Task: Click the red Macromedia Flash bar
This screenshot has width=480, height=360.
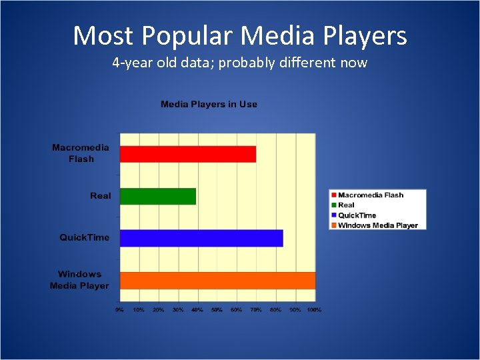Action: pos(188,154)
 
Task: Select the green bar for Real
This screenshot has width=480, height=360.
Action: pos(158,196)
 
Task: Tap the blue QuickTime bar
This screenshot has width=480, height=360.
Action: pos(201,238)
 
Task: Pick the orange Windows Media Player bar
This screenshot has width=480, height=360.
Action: pos(217,280)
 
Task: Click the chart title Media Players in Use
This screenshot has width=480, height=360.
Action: pos(209,104)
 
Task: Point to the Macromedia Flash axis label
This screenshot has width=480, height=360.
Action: pos(81,153)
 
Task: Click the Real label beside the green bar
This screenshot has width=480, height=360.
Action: pos(101,196)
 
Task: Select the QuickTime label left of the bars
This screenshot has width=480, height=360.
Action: pos(84,238)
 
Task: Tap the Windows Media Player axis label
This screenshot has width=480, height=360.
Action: pos(79,280)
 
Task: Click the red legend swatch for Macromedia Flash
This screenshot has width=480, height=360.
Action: pos(333,195)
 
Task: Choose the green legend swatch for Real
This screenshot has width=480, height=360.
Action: pos(333,205)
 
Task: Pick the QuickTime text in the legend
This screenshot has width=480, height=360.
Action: pos(357,215)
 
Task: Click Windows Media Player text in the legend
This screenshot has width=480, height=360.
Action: pos(377,225)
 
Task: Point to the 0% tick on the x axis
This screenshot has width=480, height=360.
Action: pos(119,310)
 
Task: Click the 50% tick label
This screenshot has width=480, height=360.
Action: pos(217,310)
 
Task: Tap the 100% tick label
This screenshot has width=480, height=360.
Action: pos(315,310)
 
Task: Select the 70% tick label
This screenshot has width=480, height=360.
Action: pos(256,310)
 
